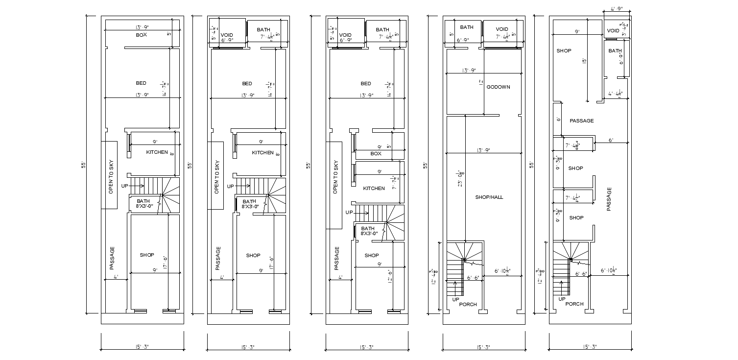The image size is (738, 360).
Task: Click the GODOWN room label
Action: click(498, 87)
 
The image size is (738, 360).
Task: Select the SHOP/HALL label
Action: click(489, 197)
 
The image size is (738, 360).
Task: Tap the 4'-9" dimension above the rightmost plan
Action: click(616, 9)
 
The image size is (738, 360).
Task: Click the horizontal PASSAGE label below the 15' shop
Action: click(582, 120)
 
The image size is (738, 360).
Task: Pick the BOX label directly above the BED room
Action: click(142, 35)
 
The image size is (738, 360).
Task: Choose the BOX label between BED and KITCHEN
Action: click(376, 154)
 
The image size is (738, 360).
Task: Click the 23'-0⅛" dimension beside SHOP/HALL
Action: click(460, 178)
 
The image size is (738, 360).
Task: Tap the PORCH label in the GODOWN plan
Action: click(468, 305)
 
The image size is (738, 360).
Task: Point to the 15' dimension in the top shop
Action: click(584, 61)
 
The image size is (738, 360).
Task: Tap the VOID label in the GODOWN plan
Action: click(501, 29)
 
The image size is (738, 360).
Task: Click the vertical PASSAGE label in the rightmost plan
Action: click(609, 199)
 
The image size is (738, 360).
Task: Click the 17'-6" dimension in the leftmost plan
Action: click(165, 263)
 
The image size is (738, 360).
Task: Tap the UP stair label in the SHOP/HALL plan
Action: click(456, 299)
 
